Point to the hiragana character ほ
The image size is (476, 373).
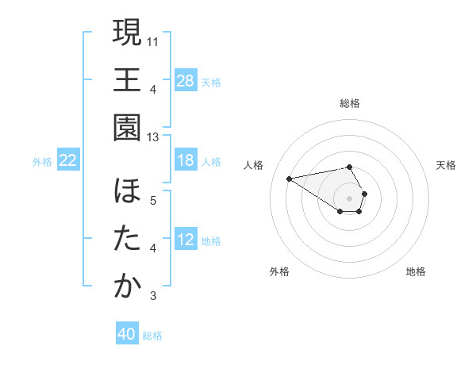pos(127,192)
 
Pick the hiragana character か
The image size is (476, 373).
pos(127,286)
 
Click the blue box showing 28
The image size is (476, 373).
pos(186,81)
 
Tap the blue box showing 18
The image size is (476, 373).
pos(186,161)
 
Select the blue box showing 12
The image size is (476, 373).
pos(186,240)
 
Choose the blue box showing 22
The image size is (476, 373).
pos(68,161)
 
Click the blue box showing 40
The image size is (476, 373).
pos(127,335)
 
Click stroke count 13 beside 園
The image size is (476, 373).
pos(154,137)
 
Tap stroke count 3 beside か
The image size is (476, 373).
pos(154,297)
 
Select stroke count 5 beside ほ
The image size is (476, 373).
pos(154,200)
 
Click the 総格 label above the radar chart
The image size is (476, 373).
pos(350,103)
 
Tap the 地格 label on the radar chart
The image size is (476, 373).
pos(416,271)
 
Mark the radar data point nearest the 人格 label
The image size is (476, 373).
pos(290,178)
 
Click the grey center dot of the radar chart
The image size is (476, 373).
pos(350,198)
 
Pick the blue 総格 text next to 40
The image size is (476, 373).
pos(153,336)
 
